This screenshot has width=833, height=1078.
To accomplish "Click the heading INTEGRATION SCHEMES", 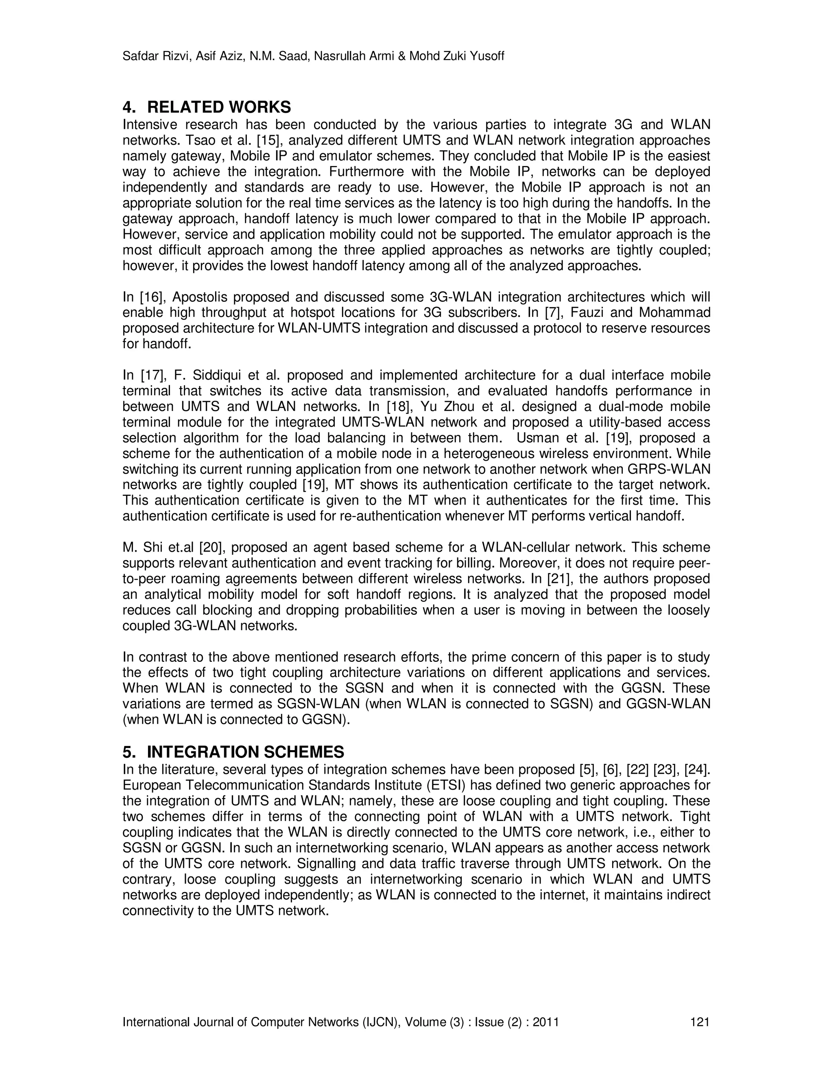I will coord(245,752).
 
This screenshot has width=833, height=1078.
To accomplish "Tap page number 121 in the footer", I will coord(699,1022).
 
